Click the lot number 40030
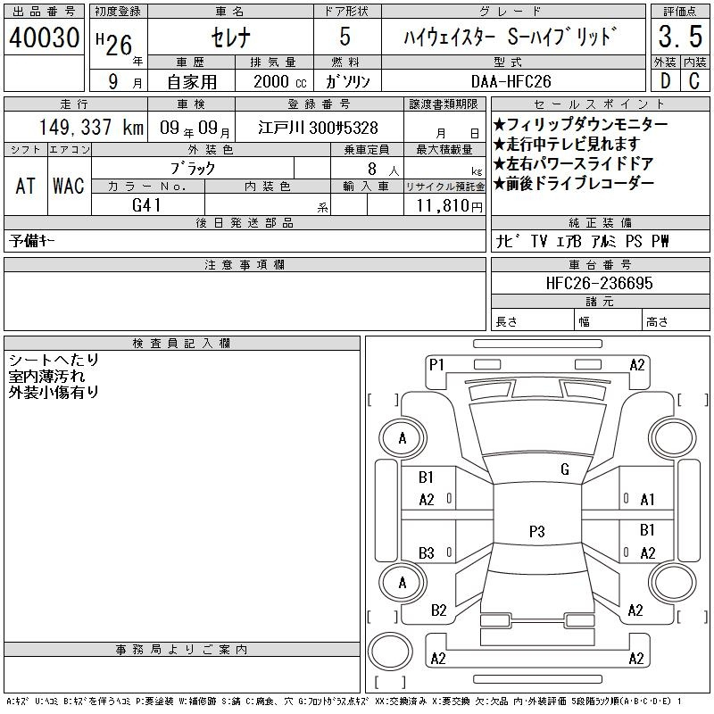(x=44, y=37)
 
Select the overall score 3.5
(x=680, y=37)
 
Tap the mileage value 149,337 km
(x=91, y=128)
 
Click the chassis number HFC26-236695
(x=599, y=283)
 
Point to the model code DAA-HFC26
(x=511, y=81)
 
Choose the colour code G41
(x=146, y=205)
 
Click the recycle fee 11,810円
(x=449, y=206)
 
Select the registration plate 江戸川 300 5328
(x=318, y=128)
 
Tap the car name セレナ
(x=230, y=37)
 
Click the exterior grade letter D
(x=665, y=81)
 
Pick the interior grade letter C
(x=694, y=81)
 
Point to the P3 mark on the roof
(x=537, y=531)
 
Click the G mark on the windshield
(x=565, y=469)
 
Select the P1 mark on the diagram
(x=436, y=365)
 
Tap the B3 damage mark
(x=427, y=553)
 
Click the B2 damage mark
(x=438, y=610)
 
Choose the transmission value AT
(x=26, y=186)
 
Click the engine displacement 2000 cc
(x=280, y=81)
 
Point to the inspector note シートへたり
(x=54, y=361)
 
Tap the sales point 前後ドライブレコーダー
(x=574, y=183)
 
